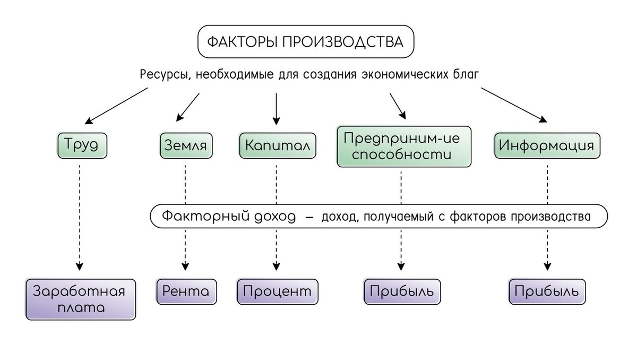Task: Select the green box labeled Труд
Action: [x=82, y=144]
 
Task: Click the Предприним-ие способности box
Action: [x=404, y=146]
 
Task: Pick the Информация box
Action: [x=547, y=145]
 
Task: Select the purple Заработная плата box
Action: [x=81, y=299]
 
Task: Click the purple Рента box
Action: [x=186, y=291]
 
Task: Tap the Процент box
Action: [x=277, y=291]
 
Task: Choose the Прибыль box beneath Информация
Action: [x=547, y=291]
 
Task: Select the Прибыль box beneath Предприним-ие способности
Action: [x=402, y=291]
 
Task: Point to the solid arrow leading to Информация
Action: [x=514, y=105]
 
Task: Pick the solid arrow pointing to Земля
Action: [x=187, y=106]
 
